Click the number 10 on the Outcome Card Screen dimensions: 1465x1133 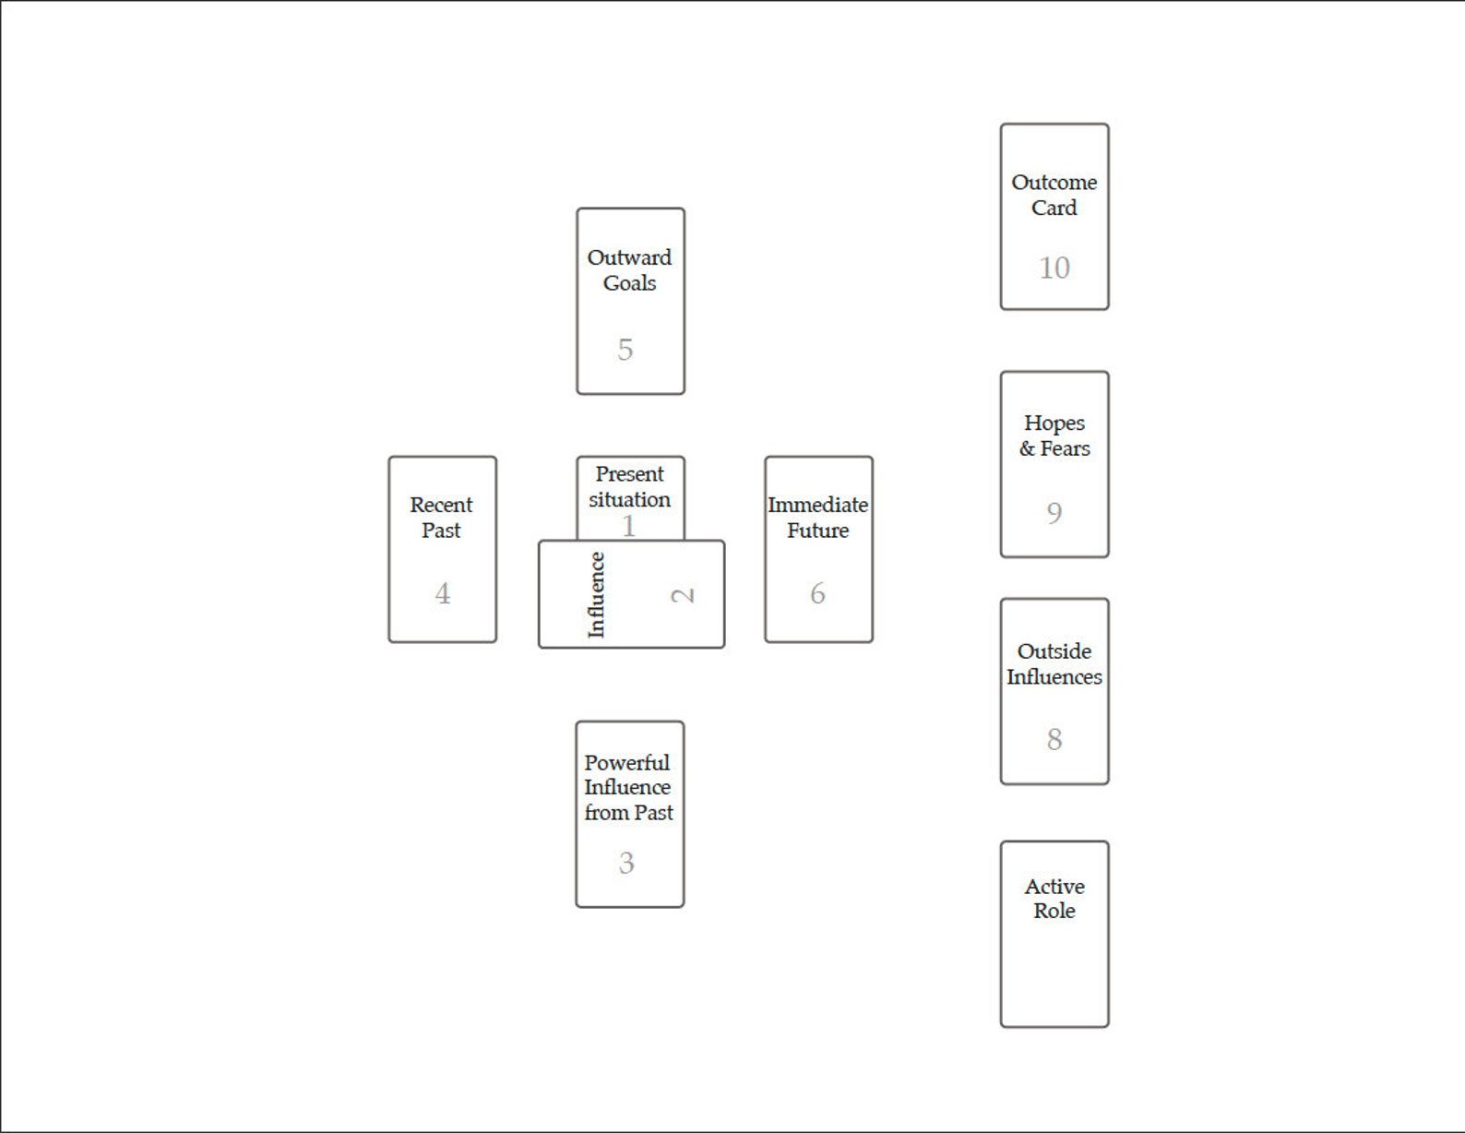tap(1054, 268)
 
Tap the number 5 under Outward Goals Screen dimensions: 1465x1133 tap(625, 350)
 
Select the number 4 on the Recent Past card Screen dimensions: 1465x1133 tap(442, 594)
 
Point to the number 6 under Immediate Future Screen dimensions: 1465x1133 tap(817, 594)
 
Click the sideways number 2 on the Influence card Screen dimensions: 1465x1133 tap(683, 596)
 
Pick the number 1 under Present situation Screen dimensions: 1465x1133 tap(628, 526)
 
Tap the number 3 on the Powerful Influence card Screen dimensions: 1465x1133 tap(626, 864)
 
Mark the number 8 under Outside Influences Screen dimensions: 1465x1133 tap(1054, 739)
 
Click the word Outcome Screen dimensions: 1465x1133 tap(1054, 182)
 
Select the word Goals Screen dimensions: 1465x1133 tap(629, 282)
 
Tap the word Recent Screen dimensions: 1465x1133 tap(441, 504)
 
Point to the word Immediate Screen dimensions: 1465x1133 tap(817, 504)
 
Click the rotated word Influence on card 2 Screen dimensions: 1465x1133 tap(596, 595)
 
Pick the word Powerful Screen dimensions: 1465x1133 tap(626, 762)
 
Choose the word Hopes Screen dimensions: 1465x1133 tap(1054, 423)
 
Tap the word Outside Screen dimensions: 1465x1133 tap(1054, 651)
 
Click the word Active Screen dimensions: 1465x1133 tap(1054, 887)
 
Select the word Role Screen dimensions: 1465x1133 tap(1054, 911)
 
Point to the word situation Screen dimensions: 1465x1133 tap(630, 499)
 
